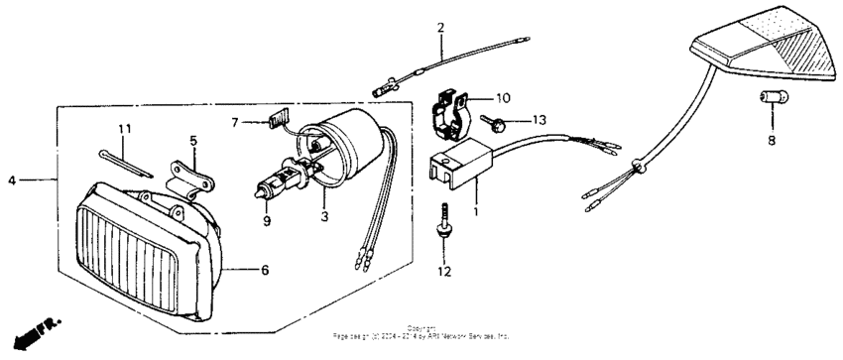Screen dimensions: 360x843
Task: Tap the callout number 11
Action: tap(124, 130)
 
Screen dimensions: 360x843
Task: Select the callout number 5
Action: tap(193, 140)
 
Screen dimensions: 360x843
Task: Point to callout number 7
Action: tap(236, 123)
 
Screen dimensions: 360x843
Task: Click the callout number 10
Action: tap(503, 98)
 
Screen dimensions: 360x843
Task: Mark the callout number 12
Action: tap(444, 271)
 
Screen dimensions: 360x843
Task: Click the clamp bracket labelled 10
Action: tap(451, 112)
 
